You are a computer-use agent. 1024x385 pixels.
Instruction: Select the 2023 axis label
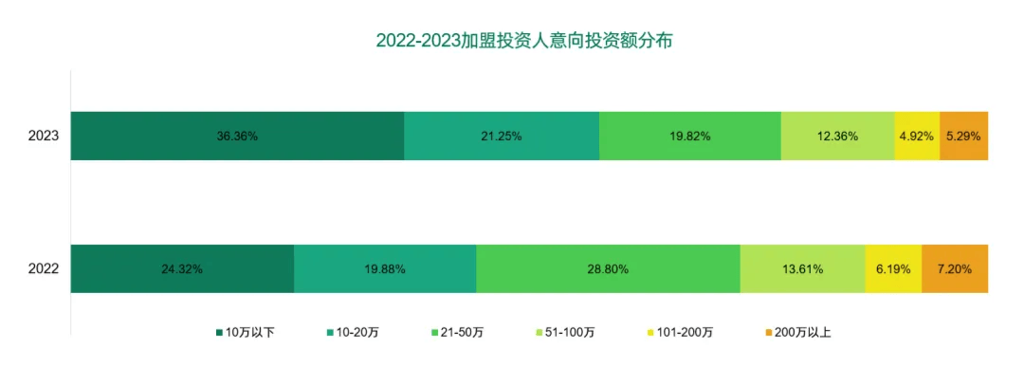(x=44, y=136)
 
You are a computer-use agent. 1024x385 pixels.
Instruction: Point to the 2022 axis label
(x=44, y=268)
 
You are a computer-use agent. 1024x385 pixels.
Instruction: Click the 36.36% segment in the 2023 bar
(x=237, y=136)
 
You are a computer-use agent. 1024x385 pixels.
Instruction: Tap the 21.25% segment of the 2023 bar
(x=502, y=136)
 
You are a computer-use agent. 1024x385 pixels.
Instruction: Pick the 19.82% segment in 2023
(x=690, y=136)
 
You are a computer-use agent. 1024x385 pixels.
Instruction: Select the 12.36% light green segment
(x=837, y=136)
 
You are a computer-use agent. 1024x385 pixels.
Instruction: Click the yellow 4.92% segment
(x=917, y=136)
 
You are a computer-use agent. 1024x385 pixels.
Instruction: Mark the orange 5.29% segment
(x=963, y=136)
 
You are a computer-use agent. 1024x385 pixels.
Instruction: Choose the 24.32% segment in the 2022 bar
(x=182, y=268)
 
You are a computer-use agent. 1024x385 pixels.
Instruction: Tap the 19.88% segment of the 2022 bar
(x=385, y=268)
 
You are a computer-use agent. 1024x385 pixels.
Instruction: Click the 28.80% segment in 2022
(x=608, y=268)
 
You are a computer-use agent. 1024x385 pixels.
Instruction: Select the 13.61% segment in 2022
(x=802, y=268)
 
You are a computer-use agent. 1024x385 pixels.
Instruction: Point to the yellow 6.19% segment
(x=893, y=268)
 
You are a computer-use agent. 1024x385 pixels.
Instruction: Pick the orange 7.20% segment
(x=955, y=268)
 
